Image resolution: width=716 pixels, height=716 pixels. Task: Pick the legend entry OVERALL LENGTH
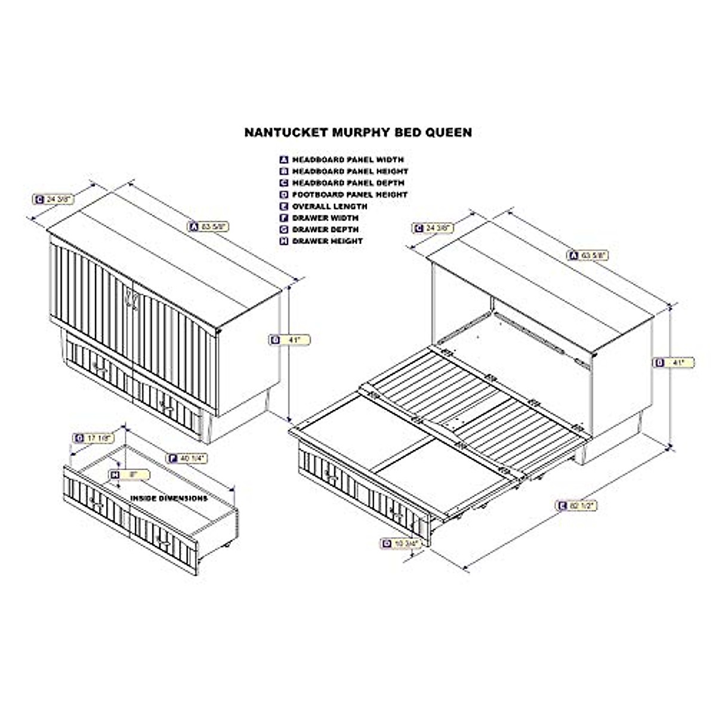tap(329, 206)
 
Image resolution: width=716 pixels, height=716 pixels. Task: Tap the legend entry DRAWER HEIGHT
tap(326, 241)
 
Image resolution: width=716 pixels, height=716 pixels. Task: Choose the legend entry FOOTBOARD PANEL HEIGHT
tap(349, 195)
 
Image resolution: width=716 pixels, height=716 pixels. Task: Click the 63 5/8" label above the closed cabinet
tap(208, 226)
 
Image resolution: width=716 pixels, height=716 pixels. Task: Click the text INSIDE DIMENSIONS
tap(169, 498)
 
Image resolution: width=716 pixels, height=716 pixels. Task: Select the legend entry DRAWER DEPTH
tap(325, 229)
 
